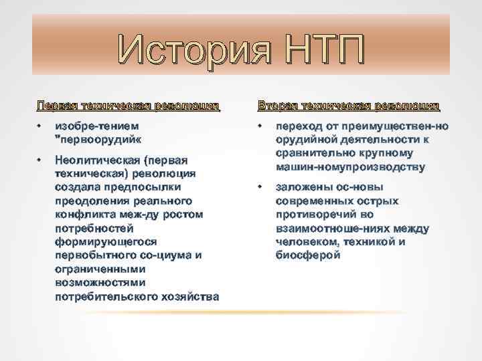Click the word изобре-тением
click(98, 126)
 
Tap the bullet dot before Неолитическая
click(39, 160)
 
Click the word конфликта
click(86, 214)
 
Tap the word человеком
click(307, 242)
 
